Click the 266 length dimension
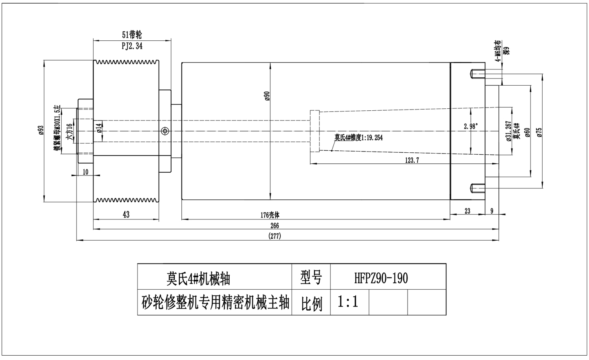point(274,226)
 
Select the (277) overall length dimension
point(274,236)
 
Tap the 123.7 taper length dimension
point(412,160)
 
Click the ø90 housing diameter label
point(267,96)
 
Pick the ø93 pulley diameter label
point(40,130)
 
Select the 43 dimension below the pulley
point(126,214)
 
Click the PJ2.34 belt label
point(132,46)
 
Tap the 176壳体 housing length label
point(270,215)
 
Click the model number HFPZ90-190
point(381,278)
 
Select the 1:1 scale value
point(348,302)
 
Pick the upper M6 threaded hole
point(477,74)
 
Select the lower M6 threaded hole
point(477,188)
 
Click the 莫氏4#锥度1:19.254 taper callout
point(358,138)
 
